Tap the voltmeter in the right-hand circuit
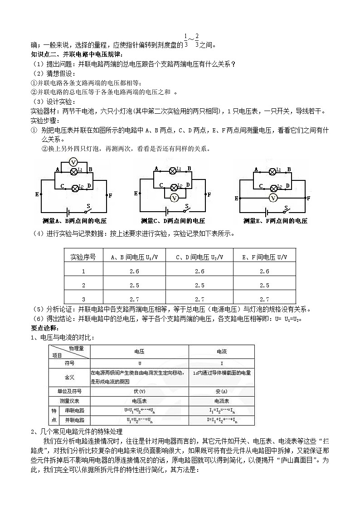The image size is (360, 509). tap(273, 198)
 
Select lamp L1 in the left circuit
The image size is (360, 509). tap(74, 171)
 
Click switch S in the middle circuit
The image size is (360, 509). tap(187, 209)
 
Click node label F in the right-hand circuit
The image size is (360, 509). tap(308, 198)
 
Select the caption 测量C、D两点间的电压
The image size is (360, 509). tap(173, 221)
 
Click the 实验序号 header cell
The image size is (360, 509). tap(83, 257)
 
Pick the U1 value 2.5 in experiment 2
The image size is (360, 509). tap(134, 286)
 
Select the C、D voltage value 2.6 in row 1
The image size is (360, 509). tap(199, 271)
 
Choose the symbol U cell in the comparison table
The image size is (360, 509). tap(139, 364)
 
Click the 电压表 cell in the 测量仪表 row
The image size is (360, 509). tap(139, 401)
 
